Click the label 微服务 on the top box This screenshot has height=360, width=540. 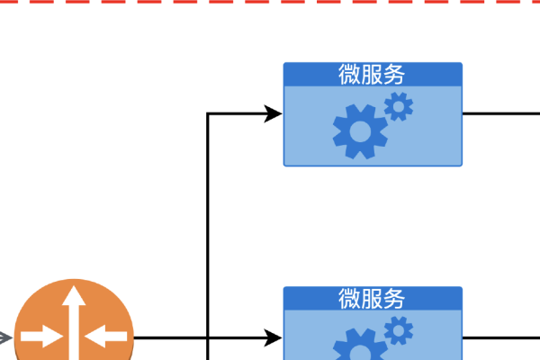tap(373, 75)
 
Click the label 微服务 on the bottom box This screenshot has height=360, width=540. tap(373, 298)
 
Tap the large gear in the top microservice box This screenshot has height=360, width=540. tap(360, 132)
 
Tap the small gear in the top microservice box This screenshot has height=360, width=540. tap(399, 107)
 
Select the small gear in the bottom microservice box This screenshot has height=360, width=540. tap(399, 332)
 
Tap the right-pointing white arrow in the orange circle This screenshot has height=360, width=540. tap(42, 338)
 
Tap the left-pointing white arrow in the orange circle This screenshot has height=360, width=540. tap(106, 338)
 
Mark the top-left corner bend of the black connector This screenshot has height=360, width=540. tap(209, 113)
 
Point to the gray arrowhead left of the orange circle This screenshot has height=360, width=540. tap(4, 338)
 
